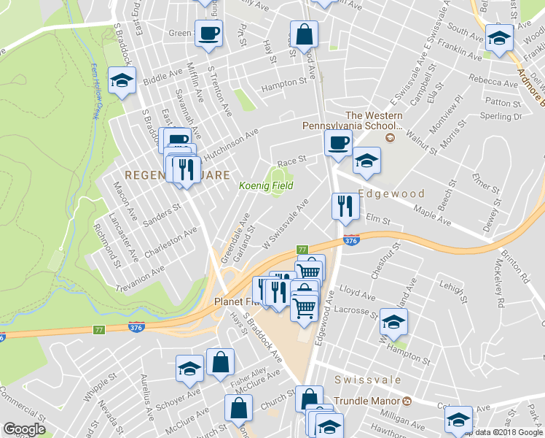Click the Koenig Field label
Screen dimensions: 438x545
[267, 186]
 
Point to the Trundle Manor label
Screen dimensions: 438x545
[369, 401]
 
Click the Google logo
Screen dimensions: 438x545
[24, 429]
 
